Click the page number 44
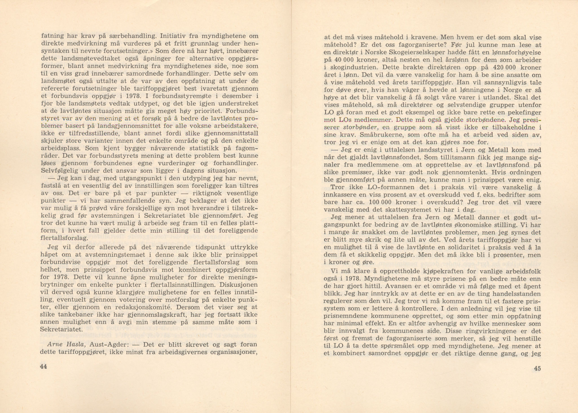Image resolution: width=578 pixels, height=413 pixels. pos(43,366)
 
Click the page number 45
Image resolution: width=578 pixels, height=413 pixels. pos(537,368)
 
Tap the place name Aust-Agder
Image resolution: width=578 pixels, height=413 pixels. pos(105,345)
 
